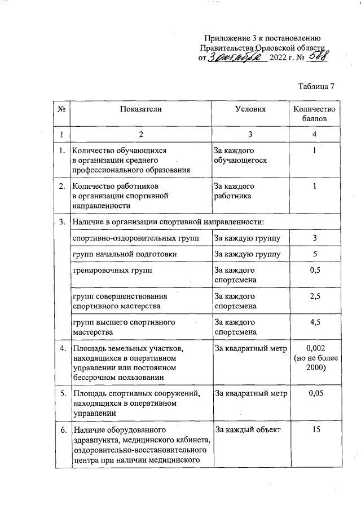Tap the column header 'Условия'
(x=250, y=109)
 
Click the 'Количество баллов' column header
(x=314, y=114)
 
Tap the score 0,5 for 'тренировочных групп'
(x=315, y=270)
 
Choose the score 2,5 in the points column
(x=315, y=296)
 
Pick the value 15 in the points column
(x=315, y=430)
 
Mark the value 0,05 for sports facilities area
(x=315, y=393)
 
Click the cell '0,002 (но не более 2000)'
(x=315, y=358)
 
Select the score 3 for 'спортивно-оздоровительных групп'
(x=315, y=238)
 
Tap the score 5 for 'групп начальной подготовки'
(x=315, y=254)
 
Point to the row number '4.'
(x=61, y=348)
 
